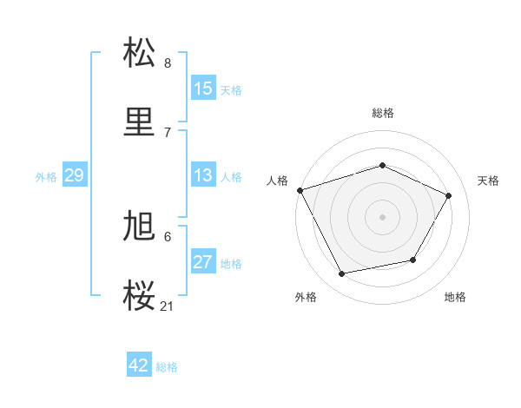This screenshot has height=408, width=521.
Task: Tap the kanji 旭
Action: [140, 227]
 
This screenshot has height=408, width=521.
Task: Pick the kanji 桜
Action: [140, 295]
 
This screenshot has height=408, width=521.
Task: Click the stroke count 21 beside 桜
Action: [168, 306]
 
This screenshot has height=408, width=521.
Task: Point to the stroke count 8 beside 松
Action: [168, 63]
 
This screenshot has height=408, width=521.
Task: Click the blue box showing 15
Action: [203, 89]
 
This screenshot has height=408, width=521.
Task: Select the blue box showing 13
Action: [203, 175]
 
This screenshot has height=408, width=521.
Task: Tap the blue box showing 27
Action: [203, 262]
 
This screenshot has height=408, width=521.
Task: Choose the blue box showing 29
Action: [74, 175]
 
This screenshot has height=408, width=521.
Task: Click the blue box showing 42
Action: [139, 365]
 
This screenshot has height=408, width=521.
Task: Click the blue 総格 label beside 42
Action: [167, 367]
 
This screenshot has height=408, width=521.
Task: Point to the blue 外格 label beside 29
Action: [46, 177]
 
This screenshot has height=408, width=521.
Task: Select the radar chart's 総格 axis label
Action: [382, 113]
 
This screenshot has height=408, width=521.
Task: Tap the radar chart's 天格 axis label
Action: [488, 181]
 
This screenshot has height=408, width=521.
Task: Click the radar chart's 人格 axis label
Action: [277, 181]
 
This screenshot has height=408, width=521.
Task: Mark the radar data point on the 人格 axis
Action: [300, 190]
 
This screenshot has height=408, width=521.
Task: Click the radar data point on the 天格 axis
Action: [449, 195]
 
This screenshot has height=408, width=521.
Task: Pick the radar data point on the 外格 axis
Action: [342, 273]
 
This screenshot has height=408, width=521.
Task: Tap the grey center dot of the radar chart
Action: [382, 217]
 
